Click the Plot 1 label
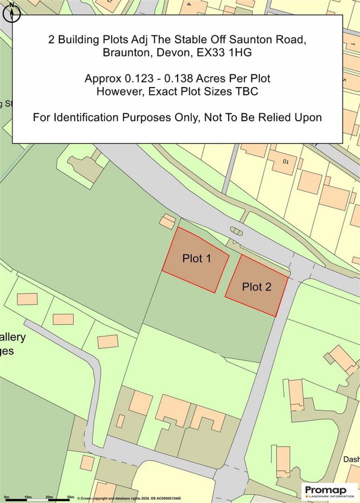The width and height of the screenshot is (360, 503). click(x=197, y=259)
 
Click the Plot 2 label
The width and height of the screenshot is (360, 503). click(x=257, y=287)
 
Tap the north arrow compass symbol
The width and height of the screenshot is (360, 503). click(x=12, y=13)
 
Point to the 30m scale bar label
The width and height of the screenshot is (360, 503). click(x=71, y=497)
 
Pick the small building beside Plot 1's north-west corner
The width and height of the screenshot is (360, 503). click(x=167, y=222)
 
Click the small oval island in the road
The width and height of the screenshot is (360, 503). click(x=236, y=231)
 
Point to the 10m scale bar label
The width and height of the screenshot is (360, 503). click(x=28, y=497)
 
